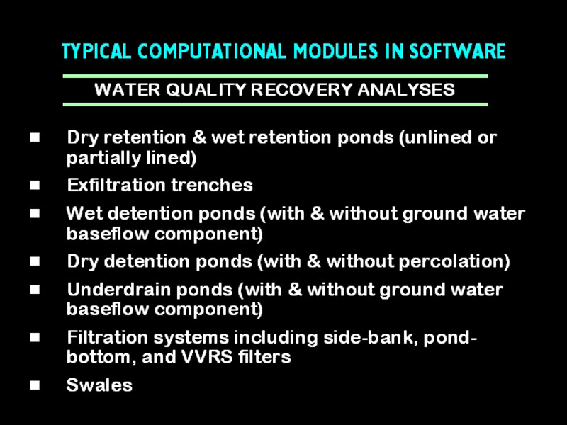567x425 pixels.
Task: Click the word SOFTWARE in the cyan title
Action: (x=457, y=51)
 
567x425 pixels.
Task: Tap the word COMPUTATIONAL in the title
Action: (x=212, y=51)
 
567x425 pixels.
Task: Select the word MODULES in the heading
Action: (x=335, y=51)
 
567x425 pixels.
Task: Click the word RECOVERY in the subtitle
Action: (x=301, y=90)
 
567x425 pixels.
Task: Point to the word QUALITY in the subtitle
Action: (x=206, y=90)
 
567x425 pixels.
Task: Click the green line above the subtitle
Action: (x=276, y=76)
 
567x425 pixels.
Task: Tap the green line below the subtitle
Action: (x=276, y=104)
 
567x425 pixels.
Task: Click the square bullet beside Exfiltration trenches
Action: (x=35, y=185)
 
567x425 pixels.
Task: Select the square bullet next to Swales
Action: (x=35, y=385)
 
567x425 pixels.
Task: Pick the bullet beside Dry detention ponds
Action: (x=35, y=261)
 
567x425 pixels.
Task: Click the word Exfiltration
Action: (x=116, y=185)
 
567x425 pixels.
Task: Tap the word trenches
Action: (x=212, y=185)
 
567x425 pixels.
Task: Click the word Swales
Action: (x=99, y=385)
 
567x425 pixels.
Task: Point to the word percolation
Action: (x=451, y=261)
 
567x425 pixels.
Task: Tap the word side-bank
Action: (x=370, y=338)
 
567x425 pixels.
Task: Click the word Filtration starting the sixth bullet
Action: (x=108, y=338)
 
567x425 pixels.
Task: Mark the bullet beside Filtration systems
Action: (x=35, y=338)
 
